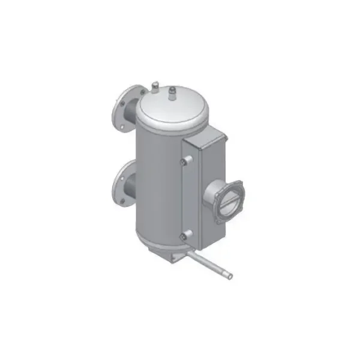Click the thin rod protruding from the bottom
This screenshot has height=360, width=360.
(x=210, y=264)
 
